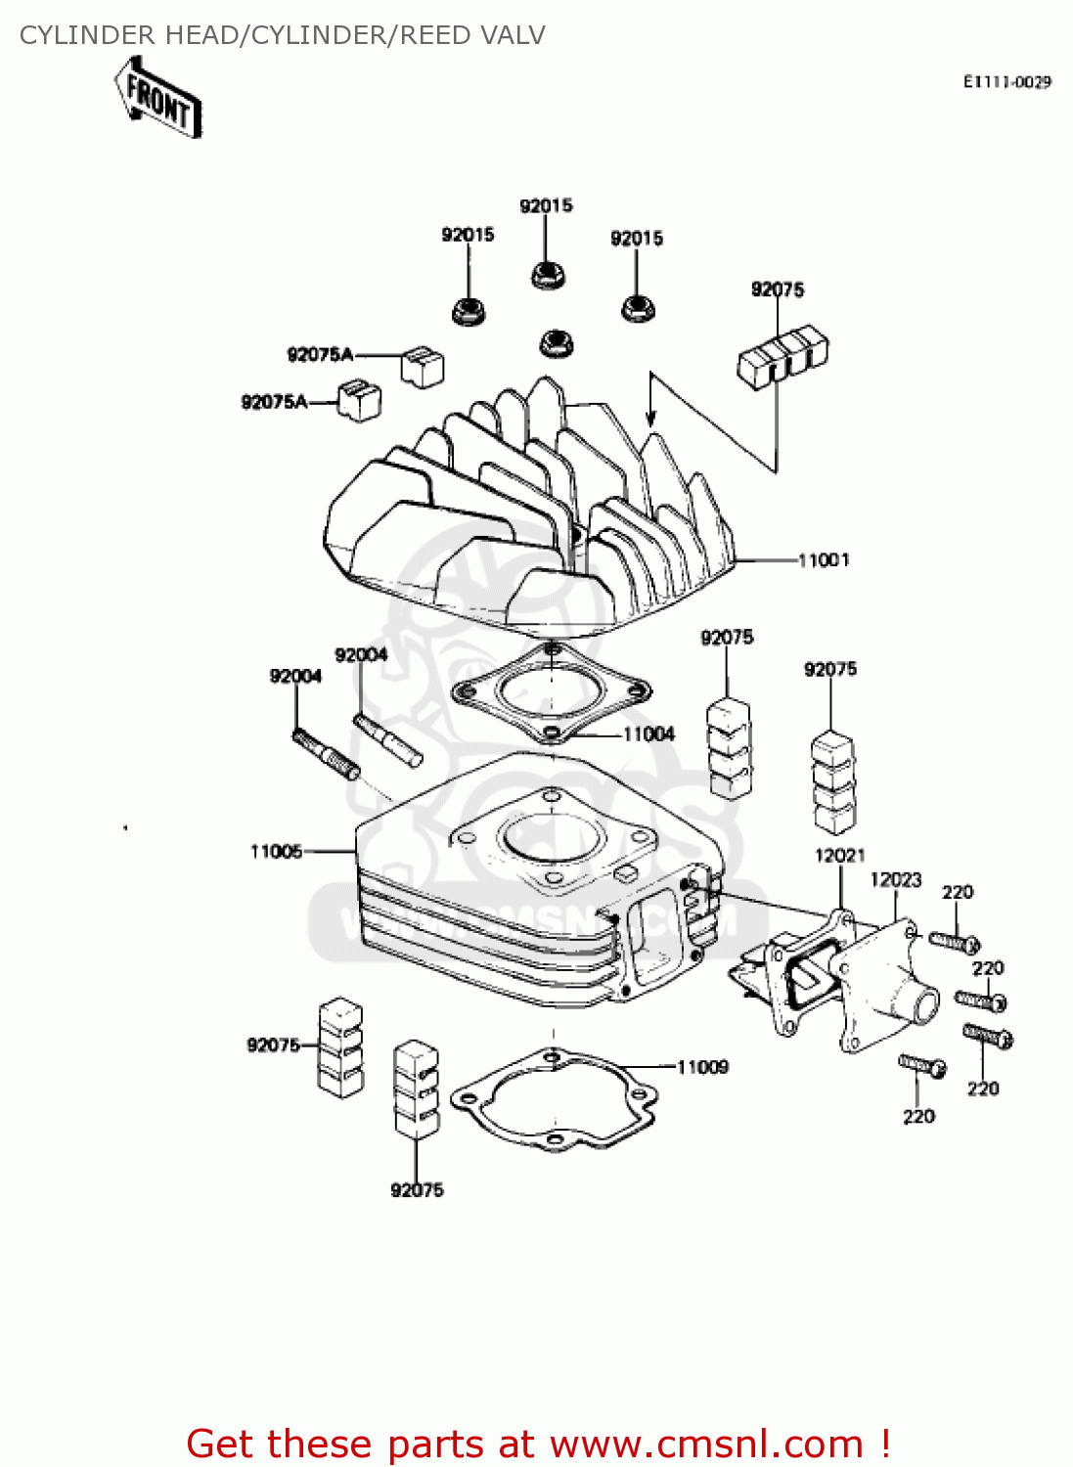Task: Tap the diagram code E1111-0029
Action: point(1006,82)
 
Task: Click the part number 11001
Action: point(824,560)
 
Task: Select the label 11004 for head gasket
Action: point(648,734)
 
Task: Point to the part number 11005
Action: point(276,852)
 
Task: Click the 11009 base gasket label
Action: point(702,1067)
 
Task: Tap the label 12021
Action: point(839,856)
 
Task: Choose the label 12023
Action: point(895,880)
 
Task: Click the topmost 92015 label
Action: point(546,206)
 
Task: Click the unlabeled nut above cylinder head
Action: point(557,343)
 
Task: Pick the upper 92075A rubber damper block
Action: point(422,365)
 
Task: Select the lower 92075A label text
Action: point(274,402)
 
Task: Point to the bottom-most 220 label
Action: point(918,1117)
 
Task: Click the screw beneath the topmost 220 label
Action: point(954,942)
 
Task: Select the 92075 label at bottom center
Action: point(417,1190)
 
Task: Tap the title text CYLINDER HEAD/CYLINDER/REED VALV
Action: point(283,35)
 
